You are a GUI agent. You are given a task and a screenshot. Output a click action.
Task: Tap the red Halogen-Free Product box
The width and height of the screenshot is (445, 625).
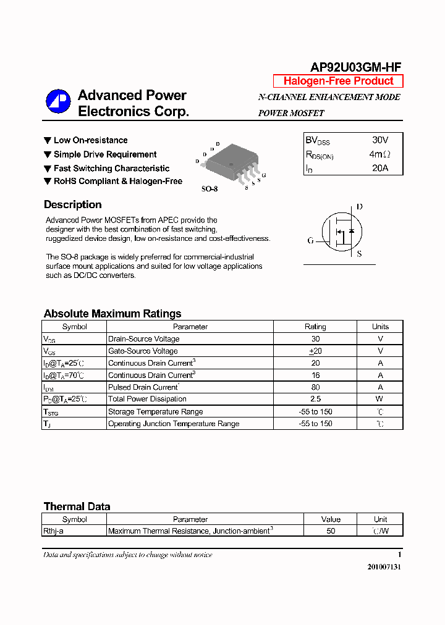(338, 81)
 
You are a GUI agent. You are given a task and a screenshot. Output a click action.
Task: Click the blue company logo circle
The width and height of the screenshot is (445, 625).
(59, 102)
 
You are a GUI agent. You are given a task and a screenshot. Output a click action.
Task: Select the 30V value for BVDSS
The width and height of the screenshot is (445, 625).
(380, 140)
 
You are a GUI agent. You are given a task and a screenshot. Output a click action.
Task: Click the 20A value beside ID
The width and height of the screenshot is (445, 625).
(380, 168)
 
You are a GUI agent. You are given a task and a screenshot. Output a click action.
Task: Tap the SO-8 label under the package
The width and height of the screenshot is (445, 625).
(210, 189)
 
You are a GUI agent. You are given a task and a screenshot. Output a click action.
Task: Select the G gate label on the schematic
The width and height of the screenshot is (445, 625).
(311, 240)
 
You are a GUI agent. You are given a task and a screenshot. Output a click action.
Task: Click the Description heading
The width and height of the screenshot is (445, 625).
(72, 205)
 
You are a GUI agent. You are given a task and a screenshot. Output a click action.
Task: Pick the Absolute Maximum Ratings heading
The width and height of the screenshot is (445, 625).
(112, 314)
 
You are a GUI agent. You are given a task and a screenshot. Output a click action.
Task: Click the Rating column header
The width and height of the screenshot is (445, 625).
(315, 327)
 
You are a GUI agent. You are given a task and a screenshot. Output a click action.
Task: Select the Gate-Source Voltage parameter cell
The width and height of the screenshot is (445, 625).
(143, 351)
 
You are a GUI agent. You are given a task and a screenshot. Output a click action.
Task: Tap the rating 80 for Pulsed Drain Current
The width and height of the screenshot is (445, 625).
(315, 387)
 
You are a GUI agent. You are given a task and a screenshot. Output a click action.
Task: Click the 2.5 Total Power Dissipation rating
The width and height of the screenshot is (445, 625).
(315, 399)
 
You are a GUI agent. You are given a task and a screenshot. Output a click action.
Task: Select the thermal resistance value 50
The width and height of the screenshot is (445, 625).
(331, 531)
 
